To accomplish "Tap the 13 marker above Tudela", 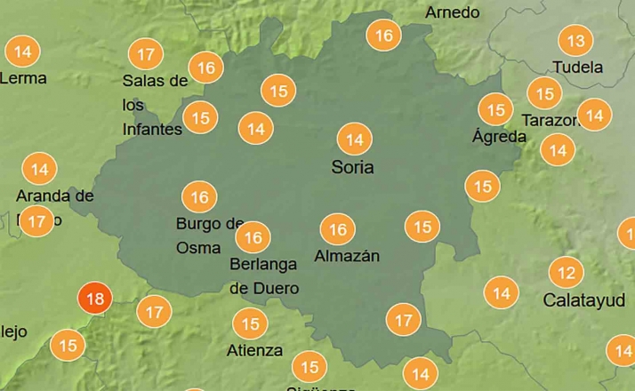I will coord(576,41).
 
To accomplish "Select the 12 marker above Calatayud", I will coord(567,272).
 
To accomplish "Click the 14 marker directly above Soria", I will coord(355,140).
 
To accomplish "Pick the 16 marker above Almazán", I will coord(338,230).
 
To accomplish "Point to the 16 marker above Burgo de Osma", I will coord(199,196).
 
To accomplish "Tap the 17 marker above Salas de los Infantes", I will coord(146,54).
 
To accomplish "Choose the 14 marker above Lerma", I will coord(23,52).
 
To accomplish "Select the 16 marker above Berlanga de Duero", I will coord(253,237).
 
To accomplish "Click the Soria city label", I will coord(352,167).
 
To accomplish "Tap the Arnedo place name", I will coord(453,12).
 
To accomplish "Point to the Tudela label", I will coord(577,68).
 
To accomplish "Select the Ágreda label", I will coord(499,137).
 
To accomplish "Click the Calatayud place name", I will coord(583,300).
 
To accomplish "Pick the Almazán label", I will coord(348,257).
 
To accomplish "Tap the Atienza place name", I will coord(254,350).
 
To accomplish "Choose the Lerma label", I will coord(23,78).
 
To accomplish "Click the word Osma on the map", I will coord(198,248).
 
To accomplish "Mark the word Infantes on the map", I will coord(151,130).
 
